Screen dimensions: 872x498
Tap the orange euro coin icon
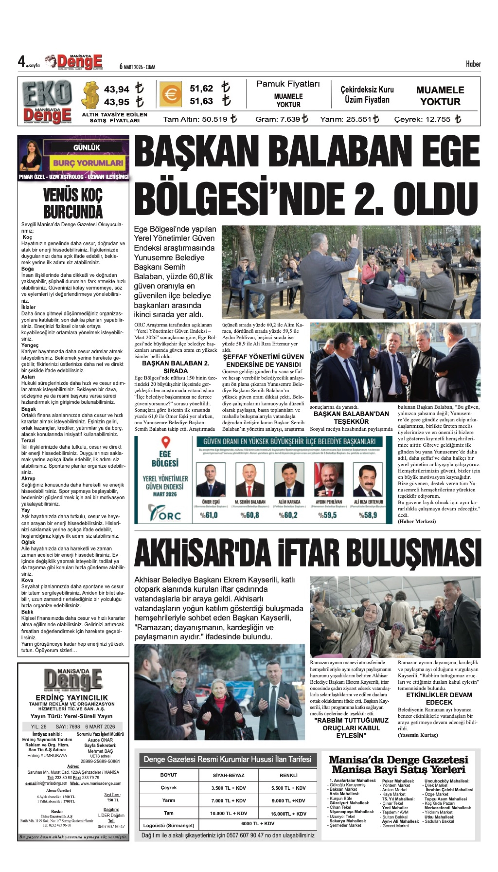pos(171,94)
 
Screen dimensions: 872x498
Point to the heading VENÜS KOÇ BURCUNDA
pos(73,203)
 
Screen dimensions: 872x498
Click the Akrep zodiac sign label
pos(28,478)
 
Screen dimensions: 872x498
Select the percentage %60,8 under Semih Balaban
pos(250,515)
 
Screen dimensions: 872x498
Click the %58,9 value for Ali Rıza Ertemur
pos(368,515)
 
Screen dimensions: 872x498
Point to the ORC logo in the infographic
pos(165,513)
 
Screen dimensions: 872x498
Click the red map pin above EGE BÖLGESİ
pos(166,442)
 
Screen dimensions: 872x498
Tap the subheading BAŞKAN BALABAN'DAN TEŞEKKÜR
pos(351,418)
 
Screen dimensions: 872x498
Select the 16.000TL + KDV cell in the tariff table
pos(288,814)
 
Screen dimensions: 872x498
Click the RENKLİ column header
pos(288,775)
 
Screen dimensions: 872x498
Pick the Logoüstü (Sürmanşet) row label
pos(169,826)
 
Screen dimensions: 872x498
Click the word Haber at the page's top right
pos(473,64)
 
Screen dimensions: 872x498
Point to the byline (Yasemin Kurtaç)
pos(418,735)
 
